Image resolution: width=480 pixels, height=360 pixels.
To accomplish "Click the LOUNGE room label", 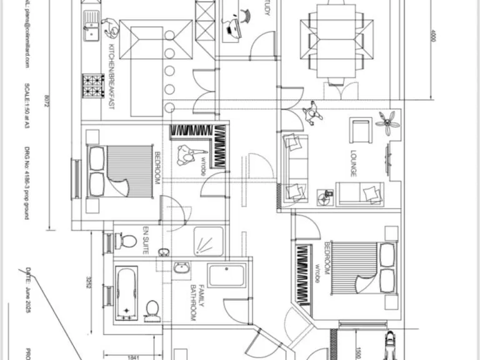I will (354, 163).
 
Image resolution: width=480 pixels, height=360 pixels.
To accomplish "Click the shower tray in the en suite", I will (206, 241).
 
